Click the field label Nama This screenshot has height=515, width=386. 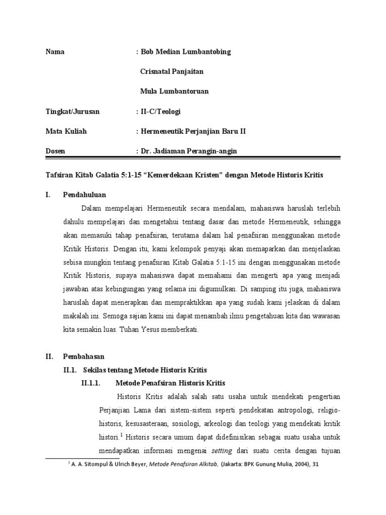55,52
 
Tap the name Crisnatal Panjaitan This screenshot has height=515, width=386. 171,72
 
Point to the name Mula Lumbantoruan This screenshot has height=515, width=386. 174,92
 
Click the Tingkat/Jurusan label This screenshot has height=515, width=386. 72,111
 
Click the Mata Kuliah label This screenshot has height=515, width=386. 66,131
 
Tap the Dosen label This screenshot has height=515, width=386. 55,150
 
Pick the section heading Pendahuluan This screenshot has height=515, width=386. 84,194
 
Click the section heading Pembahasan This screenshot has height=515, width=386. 83,356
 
